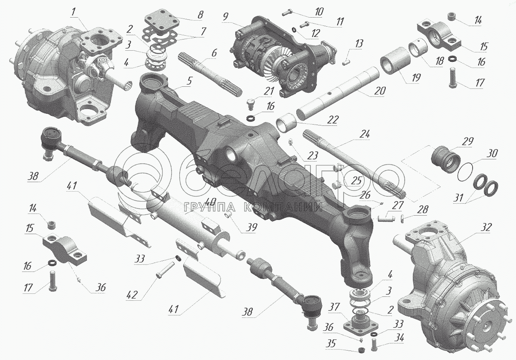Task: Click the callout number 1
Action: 73,12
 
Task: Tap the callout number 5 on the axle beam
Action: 189,81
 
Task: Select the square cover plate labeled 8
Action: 162,21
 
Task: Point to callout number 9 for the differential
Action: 225,17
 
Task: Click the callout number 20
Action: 380,91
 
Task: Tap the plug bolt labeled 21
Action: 251,104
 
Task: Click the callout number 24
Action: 365,134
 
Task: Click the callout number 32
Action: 486,227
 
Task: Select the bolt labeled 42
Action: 165,271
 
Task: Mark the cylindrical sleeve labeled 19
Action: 395,61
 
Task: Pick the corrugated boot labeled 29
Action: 446,163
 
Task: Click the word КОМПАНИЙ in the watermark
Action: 283,207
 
